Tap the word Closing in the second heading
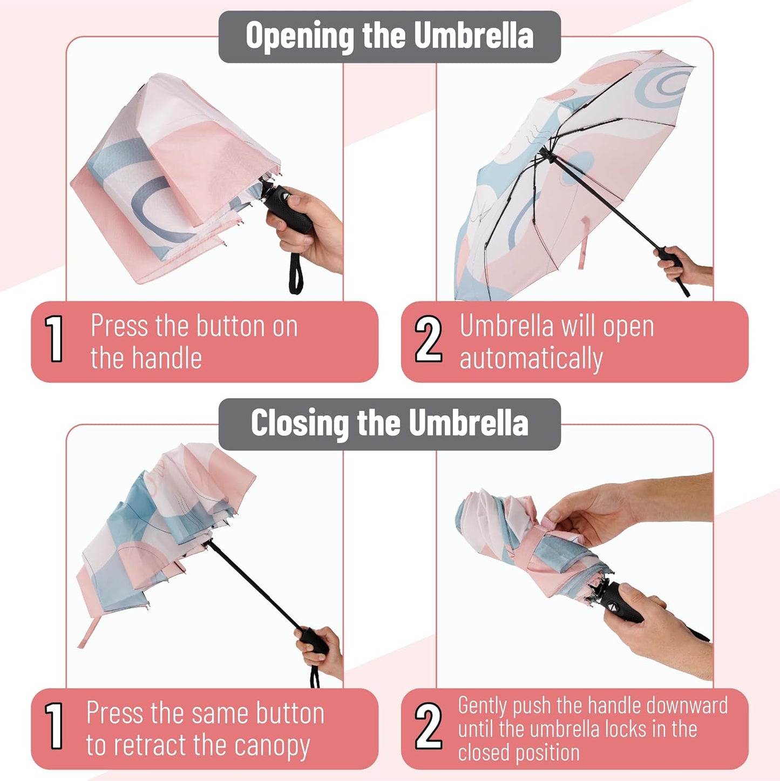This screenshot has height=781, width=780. pos(300,423)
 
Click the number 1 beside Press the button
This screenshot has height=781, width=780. pos(55,339)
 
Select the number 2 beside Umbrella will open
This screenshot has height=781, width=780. pos(428,339)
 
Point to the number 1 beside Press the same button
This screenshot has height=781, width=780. pos(55,726)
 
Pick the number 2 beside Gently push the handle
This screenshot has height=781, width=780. pos(428,726)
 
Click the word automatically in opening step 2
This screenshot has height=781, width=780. pos(531,359)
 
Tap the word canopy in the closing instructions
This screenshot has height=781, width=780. pos(272,746)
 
